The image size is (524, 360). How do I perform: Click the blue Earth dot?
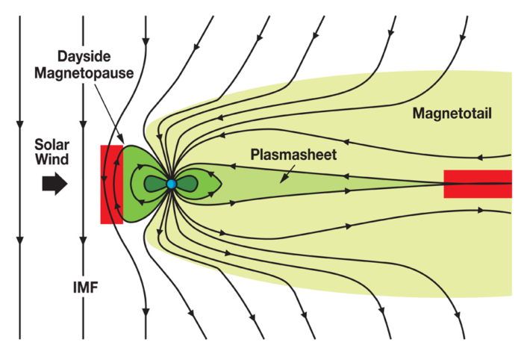171,184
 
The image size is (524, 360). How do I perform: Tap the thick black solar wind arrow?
54,184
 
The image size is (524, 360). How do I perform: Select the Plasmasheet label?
293,155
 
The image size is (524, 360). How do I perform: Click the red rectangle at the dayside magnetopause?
110,184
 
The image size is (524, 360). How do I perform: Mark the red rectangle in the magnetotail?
478,184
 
